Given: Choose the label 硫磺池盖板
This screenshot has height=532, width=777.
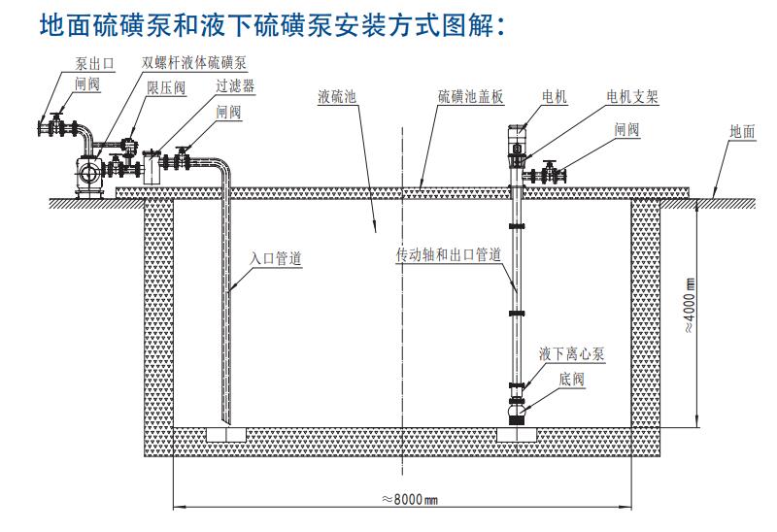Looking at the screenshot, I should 465,97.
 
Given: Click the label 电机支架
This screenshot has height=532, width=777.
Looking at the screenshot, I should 632,97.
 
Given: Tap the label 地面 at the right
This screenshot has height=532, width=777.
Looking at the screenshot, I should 742,132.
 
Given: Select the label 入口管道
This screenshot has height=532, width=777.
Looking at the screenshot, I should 277,259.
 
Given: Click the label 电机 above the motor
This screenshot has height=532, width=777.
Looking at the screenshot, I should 555,97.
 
